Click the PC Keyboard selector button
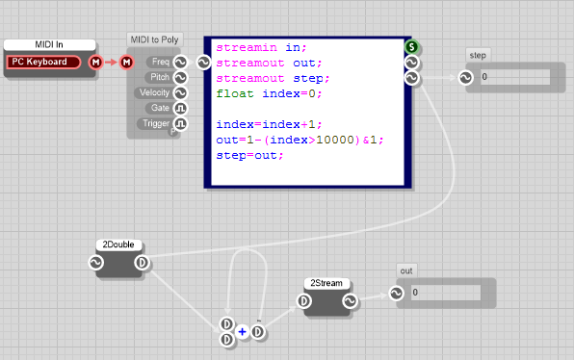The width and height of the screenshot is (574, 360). pos(43,62)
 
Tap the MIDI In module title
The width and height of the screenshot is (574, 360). pos(49,44)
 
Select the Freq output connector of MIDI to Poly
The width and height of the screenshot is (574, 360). pos(180,63)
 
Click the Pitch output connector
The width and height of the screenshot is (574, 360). pos(180,78)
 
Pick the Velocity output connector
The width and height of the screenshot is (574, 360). pos(180,93)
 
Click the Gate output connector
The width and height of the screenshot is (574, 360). pos(180,109)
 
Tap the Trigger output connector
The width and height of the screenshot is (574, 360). pos(180,124)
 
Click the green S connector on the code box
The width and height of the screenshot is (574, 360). pos(412,47)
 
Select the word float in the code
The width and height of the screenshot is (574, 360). pos(235,93)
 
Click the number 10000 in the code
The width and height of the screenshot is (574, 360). pos(335,140)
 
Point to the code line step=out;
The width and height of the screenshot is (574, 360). pos(249,156)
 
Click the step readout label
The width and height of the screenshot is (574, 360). pos(478,55)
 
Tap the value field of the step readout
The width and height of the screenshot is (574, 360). pos(515,77)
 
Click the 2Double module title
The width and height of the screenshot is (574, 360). pos(118,244)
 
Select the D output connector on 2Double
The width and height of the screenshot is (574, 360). pos(142,263)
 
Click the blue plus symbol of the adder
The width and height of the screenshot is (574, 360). pos(242,332)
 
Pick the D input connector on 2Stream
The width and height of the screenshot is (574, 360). pos(303,301)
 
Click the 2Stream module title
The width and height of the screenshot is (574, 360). pos(326,283)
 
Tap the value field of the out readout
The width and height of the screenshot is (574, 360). pos(446,293)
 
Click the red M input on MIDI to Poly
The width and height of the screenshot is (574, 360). pos(127,63)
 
